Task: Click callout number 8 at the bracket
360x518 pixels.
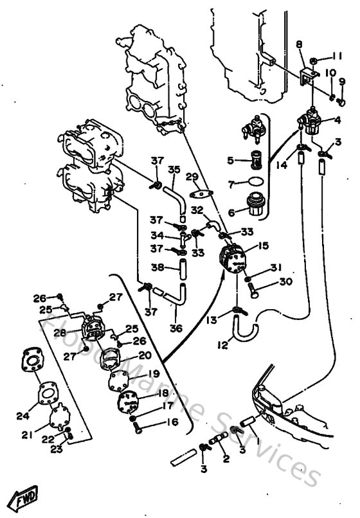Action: point(299,44)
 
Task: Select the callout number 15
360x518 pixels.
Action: point(263,246)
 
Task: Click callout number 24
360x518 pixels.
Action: point(22,415)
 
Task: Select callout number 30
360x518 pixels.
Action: point(285,281)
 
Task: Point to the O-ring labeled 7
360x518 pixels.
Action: point(255,183)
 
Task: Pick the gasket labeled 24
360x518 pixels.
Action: point(44,390)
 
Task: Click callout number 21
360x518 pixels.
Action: point(26,435)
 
